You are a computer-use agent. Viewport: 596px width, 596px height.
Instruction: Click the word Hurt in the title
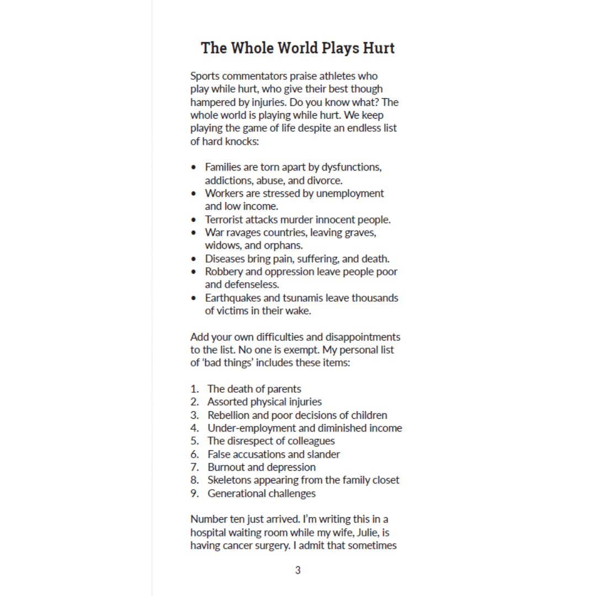click(x=378, y=48)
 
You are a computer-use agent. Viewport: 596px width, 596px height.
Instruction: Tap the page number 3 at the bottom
click(x=298, y=570)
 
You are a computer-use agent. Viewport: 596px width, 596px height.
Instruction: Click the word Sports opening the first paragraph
click(x=205, y=76)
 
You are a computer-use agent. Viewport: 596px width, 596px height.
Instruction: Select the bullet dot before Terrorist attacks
click(x=194, y=220)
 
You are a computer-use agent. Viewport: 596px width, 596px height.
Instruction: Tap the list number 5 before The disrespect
click(x=194, y=441)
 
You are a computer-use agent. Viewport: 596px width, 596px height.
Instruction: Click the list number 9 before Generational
click(x=194, y=493)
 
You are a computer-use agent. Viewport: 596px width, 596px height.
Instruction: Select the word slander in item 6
click(x=323, y=454)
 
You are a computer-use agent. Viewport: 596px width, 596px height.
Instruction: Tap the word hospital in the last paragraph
click(x=207, y=533)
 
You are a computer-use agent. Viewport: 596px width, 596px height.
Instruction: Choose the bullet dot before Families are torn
click(x=194, y=167)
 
